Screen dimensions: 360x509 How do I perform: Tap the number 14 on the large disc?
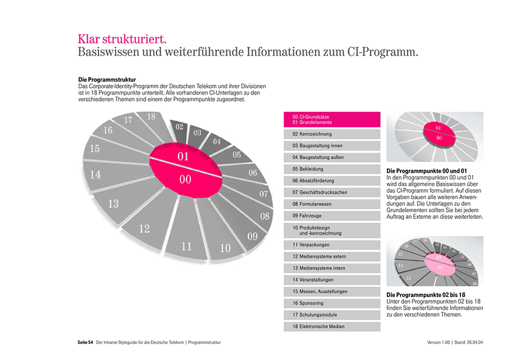95,175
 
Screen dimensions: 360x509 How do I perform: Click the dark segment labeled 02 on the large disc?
179,127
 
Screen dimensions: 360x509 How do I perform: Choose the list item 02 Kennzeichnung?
332,134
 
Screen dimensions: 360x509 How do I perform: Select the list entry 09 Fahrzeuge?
332,215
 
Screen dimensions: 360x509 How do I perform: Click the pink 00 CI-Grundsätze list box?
332,120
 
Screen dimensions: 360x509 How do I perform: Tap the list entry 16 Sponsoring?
332,303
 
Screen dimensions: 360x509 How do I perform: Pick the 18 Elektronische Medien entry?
332,326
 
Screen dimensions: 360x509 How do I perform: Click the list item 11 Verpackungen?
332,245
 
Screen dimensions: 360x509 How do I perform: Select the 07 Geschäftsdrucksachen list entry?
332,192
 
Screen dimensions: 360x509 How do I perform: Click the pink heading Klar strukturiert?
122,39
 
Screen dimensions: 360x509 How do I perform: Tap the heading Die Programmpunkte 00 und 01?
427,171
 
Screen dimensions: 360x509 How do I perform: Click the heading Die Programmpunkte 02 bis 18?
426,295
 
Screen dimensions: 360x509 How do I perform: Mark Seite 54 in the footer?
81,342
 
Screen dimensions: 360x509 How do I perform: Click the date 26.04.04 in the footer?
473,342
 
